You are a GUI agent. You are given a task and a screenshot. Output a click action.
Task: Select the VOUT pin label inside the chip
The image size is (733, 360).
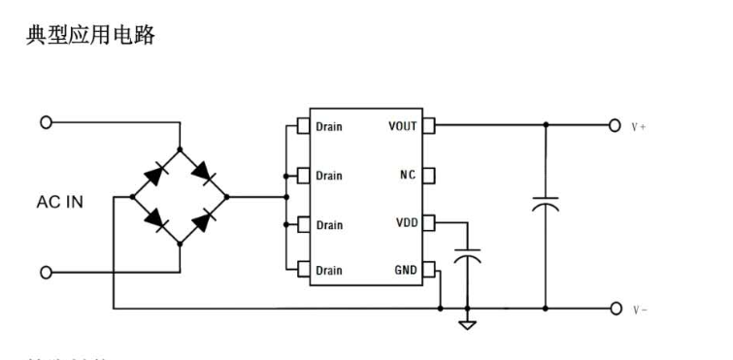[403, 126]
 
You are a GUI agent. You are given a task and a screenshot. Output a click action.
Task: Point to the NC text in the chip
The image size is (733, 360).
[408, 176]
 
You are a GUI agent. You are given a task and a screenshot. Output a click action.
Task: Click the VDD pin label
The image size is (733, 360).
[406, 224]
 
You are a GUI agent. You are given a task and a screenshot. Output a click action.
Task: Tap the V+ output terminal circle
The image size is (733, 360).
[614, 125]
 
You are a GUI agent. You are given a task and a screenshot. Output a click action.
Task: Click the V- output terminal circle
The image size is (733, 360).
[614, 309]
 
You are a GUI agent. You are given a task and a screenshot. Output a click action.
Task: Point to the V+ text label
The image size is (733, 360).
[639, 126]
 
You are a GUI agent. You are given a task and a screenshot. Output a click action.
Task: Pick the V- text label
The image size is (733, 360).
[639, 310]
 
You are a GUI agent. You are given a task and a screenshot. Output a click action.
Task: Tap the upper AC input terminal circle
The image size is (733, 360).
[45, 123]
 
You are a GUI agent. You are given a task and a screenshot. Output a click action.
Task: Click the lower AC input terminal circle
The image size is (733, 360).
[45, 272]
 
